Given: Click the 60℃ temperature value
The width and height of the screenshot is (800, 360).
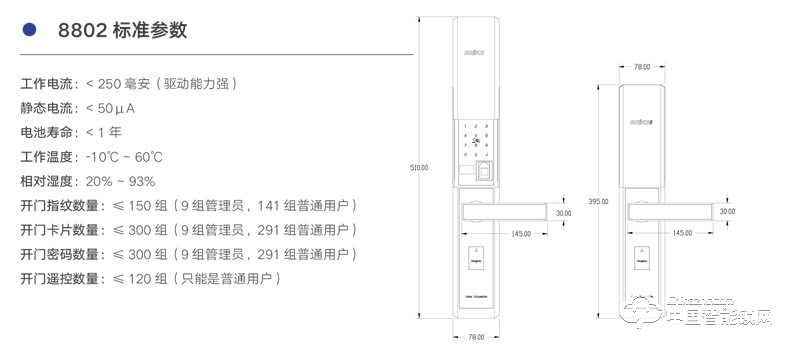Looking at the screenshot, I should tap(147, 157).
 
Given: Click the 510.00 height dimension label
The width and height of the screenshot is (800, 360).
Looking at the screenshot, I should tap(419, 168).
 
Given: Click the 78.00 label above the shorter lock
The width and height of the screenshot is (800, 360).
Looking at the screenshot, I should tap(642, 67).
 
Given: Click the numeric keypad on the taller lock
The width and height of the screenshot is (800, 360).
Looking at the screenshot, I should tap(475, 140).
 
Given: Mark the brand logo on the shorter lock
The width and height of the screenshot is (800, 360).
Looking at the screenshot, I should tap(641, 124).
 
